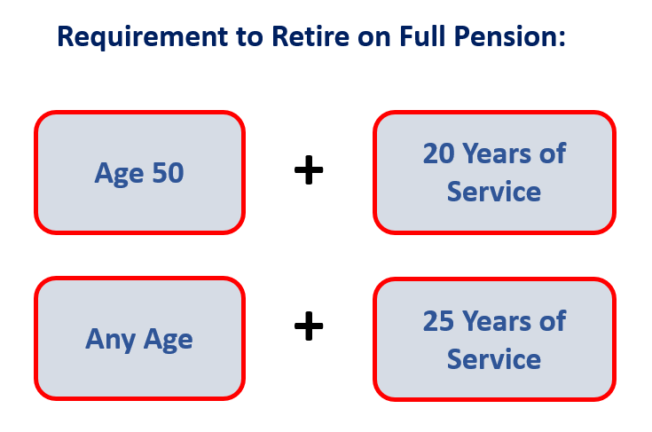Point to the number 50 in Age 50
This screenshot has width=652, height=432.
coord(167,172)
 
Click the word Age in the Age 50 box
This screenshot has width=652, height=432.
coord(121,172)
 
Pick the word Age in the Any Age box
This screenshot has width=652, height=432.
coord(168,339)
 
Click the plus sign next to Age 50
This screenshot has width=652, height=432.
coord(309,171)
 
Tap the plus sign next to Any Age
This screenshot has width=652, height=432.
coord(309,328)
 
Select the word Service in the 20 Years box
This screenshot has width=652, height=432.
coord(493,192)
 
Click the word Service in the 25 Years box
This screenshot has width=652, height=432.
coord(493,358)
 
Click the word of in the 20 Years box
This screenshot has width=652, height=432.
coord(553,153)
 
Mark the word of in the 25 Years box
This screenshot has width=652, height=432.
coord(553,320)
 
